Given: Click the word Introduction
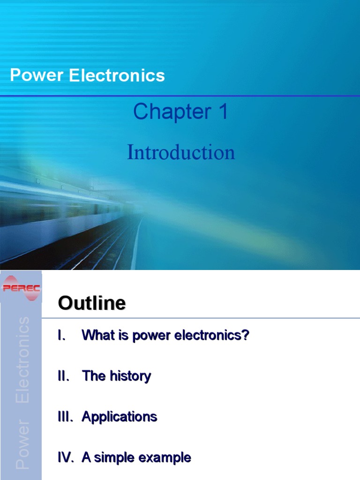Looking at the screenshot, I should pyautogui.click(x=181, y=153).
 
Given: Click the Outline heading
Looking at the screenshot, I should pyautogui.click(x=92, y=303).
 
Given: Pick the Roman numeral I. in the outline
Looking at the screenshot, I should pyautogui.click(x=62, y=335).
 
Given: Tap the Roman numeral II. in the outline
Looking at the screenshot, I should pyautogui.click(x=64, y=376).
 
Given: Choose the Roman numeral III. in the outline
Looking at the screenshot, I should pyautogui.click(x=66, y=417).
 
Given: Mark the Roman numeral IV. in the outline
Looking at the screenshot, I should pyautogui.click(x=66, y=457).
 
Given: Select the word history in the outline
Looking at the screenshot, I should pyautogui.click(x=130, y=376).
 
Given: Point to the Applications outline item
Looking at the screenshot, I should pyautogui.click(x=120, y=417).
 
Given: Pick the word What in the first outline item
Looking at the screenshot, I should pyautogui.click(x=97, y=335).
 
